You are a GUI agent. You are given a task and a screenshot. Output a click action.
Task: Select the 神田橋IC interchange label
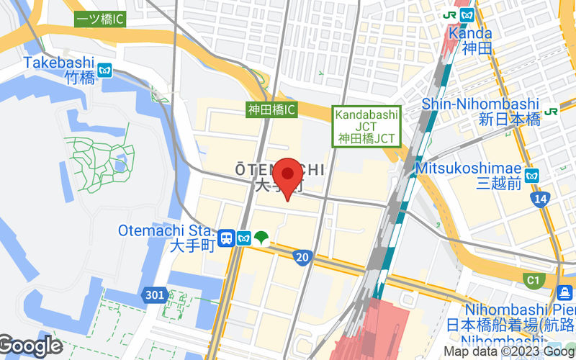[271, 110]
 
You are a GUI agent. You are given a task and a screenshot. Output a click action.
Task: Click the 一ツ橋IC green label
[100, 19]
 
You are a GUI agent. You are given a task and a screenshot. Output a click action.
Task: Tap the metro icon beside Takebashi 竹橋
[106, 71]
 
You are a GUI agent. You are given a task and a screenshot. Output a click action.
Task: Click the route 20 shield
[303, 257]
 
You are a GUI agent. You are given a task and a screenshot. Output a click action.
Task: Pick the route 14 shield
[541, 199]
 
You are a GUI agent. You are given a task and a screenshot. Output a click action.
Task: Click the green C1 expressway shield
[534, 279]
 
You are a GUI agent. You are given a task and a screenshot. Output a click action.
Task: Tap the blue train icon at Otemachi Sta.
[226, 238]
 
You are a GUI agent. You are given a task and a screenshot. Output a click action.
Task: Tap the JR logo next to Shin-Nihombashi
[552, 111]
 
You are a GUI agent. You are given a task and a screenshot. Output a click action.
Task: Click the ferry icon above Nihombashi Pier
[565, 292]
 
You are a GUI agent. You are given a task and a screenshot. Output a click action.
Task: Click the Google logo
[30, 346]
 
